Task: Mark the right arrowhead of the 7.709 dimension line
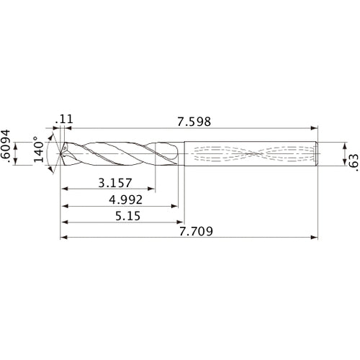click(x=315, y=237)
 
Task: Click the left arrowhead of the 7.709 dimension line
click(x=62, y=237)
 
